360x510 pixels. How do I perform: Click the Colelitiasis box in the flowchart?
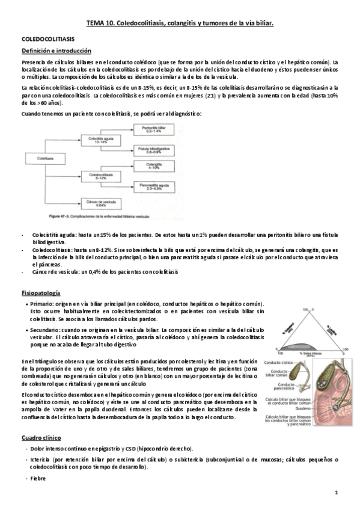46,157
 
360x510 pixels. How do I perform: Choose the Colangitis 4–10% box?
149,166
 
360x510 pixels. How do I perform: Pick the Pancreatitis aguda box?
149,187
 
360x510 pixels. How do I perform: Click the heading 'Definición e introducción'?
56,51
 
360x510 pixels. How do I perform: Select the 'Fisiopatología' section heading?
40,293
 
